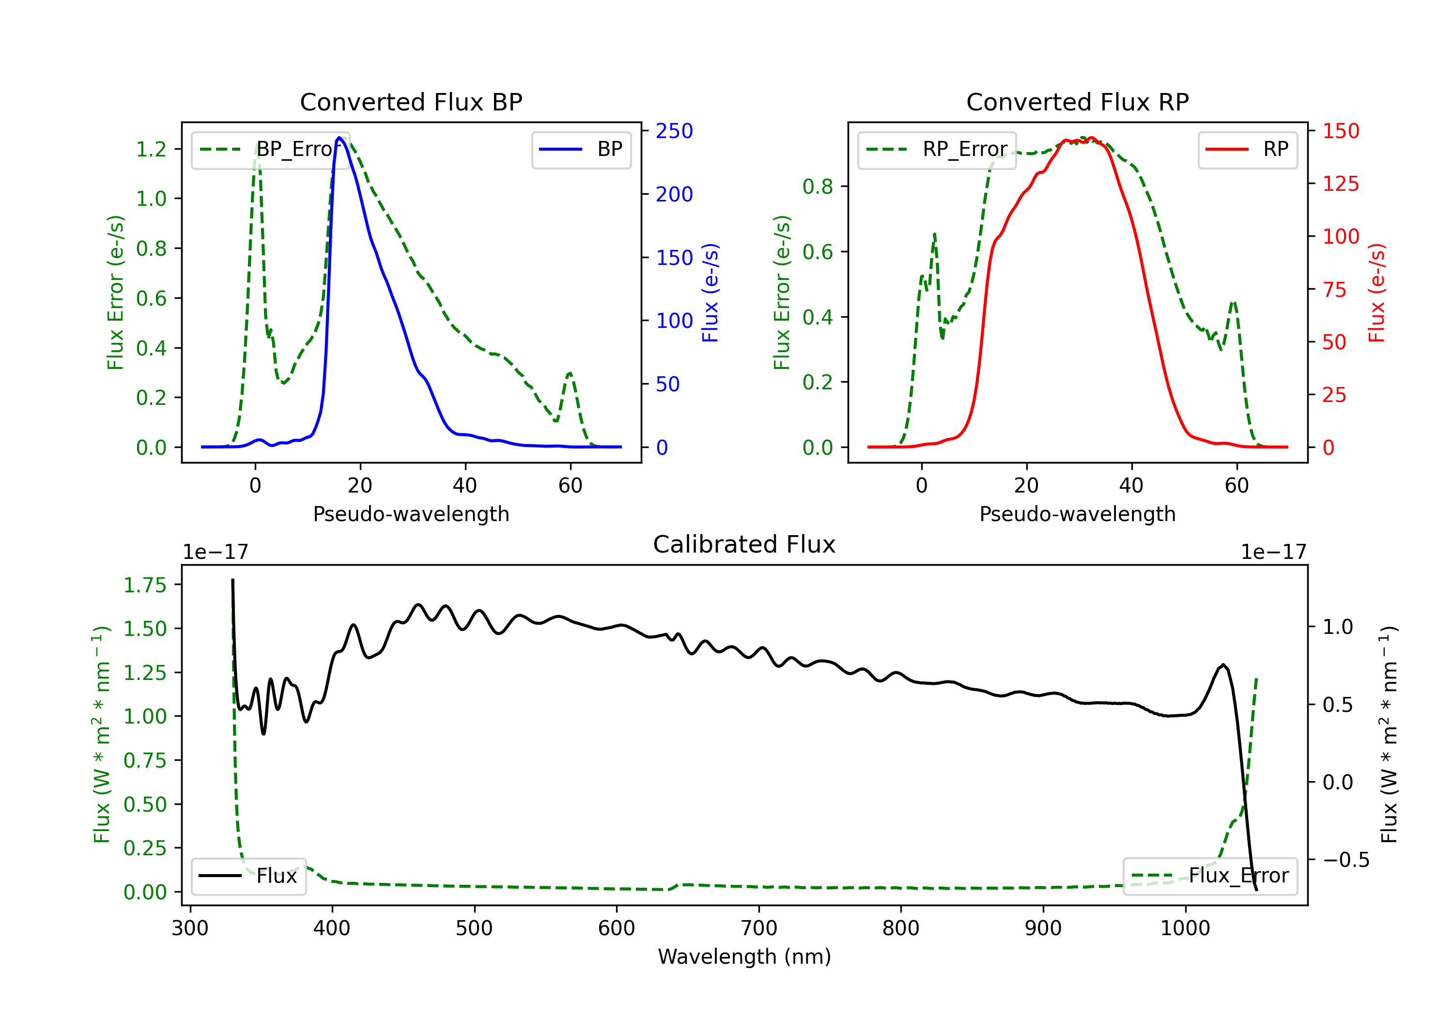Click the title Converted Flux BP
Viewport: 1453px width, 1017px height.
pyautogui.click(x=411, y=102)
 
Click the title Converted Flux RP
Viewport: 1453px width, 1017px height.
pyautogui.click(x=1077, y=102)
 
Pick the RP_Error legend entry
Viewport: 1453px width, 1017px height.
pyautogui.click(x=937, y=149)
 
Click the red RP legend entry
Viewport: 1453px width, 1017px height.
pyautogui.click(x=1247, y=149)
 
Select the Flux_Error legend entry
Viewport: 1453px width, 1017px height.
pyautogui.click(x=1210, y=876)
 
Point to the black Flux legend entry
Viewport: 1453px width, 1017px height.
pyautogui.click(x=249, y=876)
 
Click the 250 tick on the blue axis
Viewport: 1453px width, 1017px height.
pyautogui.click(x=674, y=131)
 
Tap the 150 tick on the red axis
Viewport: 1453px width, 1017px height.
pyautogui.click(x=1340, y=131)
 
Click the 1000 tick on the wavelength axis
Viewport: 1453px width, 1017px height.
pyautogui.click(x=1185, y=928)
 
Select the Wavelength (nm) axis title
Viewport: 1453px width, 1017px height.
pyautogui.click(x=744, y=956)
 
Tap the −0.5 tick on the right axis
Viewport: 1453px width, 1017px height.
pyautogui.click(x=1345, y=860)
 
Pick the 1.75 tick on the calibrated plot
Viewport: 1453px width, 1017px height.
pyautogui.click(x=145, y=586)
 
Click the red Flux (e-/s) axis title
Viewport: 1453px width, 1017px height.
pyautogui.click(x=1376, y=293)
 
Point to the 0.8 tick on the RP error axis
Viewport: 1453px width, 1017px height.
pyautogui.click(x=818, y=187)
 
